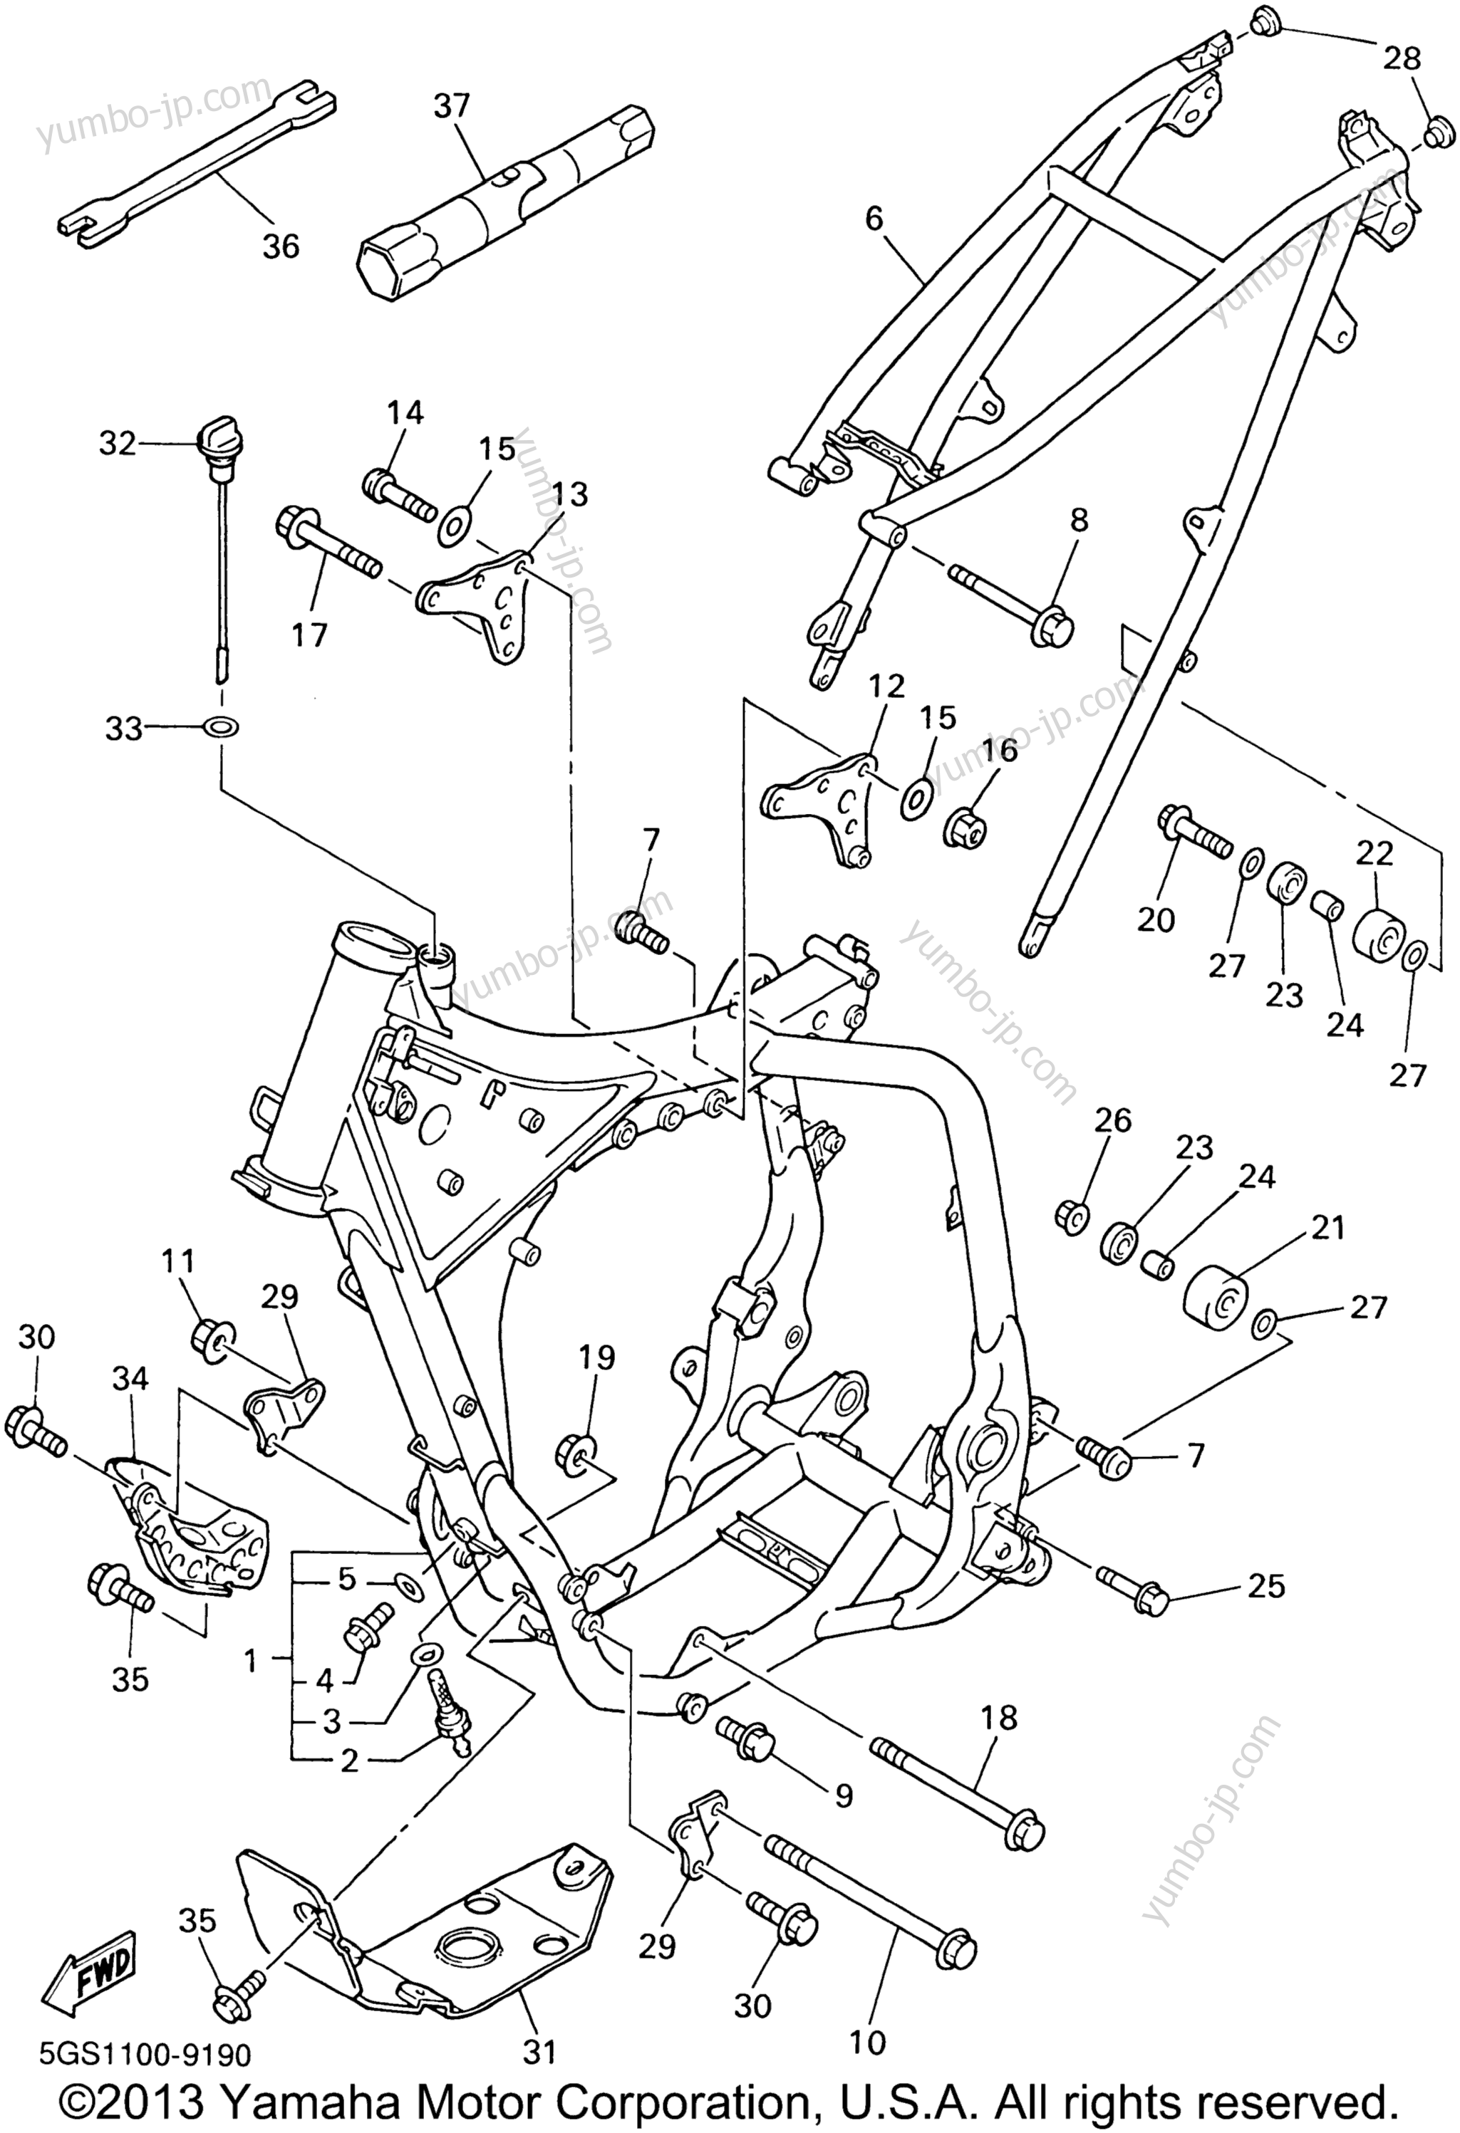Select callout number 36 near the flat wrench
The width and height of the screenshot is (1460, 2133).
pos(282,245)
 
